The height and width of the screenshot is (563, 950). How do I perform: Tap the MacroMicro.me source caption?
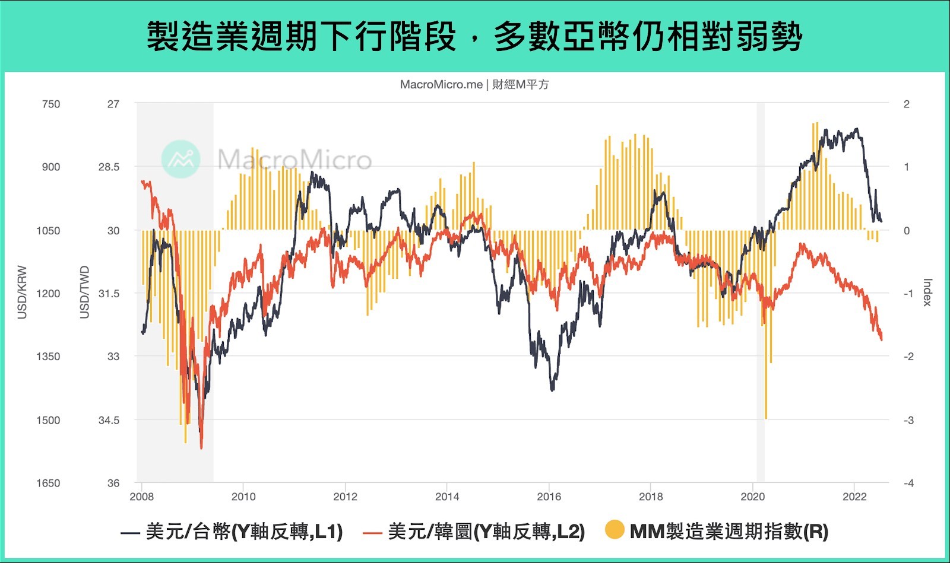click(474, 85)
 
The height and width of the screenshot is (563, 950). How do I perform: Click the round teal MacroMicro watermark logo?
click(180, 159)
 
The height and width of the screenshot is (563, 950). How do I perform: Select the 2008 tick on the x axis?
click(141, 497)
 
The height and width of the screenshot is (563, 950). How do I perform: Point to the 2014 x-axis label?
click(447, 497)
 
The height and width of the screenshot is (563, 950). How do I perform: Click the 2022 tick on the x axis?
click(854, 497)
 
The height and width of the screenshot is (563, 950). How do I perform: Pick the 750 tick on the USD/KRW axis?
click(51, 104)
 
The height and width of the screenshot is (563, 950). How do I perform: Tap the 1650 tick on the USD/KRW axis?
click(48, 483)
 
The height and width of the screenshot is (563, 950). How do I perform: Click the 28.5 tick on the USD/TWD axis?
click(109, 167)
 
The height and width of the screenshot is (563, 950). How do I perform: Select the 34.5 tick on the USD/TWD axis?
click(109, 420)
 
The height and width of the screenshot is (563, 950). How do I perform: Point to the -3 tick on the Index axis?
click(908, 420)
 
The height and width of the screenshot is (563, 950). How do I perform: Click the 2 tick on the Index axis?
click(907, 104)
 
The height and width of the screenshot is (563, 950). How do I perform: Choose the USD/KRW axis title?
click(23, 292)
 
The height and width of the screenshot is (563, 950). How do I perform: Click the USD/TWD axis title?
click(85, 292)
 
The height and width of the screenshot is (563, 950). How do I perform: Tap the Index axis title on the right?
click(927, 292)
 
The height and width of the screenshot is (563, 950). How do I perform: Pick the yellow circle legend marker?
click(615, 530)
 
